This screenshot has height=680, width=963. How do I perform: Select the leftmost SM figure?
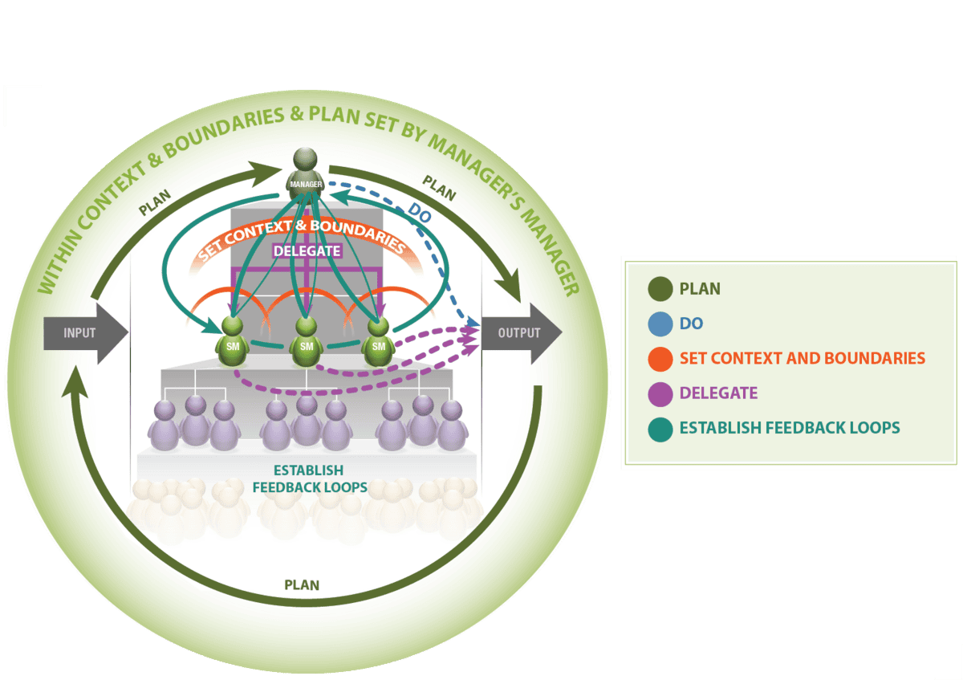coord(232,340)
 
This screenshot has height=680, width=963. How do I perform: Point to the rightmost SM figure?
coord(378,340)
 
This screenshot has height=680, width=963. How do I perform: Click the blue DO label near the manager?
coord(418,213)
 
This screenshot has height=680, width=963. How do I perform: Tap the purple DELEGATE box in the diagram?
coord(307,250)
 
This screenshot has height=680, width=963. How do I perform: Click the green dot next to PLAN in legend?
coord(659,288)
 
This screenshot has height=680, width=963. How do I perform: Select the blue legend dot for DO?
coord(659,324)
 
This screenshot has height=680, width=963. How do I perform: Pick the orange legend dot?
coord(659,359)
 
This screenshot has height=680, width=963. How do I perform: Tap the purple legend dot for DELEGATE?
coord(659,393)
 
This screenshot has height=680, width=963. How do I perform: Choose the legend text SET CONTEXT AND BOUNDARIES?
coord(802,358)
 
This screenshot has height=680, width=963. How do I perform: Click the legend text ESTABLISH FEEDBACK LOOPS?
coord(790,428)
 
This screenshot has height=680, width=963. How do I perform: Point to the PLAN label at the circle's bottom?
coord(301,584)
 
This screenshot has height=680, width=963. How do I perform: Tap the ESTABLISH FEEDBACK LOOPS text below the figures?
coord(310,478)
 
